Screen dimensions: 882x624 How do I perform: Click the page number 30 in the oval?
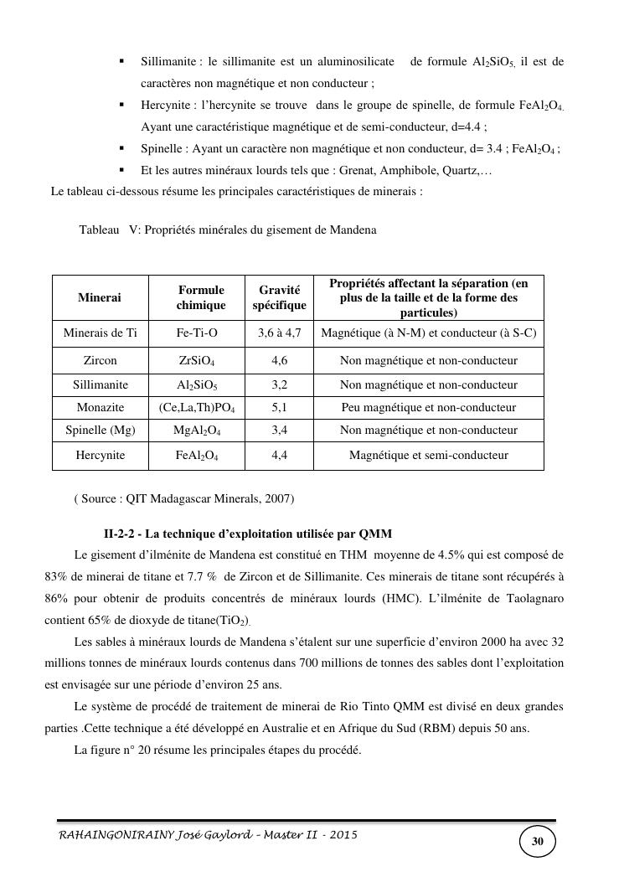538,841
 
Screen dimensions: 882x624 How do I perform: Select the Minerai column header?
100,297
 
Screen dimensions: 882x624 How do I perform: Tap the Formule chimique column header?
201,297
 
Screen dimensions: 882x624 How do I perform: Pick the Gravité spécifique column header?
279,297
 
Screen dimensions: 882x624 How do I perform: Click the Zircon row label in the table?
100,360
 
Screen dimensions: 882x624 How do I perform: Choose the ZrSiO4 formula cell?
197,361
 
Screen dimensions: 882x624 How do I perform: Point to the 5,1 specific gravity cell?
279,408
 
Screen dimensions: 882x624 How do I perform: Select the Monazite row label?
100,408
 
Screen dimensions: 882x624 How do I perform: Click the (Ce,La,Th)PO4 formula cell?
197,408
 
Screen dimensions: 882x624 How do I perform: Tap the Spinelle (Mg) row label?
100,431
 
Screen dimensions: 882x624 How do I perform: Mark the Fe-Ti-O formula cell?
197,333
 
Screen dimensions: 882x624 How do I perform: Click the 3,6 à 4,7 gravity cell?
279,333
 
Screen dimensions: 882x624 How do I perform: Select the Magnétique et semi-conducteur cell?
428,456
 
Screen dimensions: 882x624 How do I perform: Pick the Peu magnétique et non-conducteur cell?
428,408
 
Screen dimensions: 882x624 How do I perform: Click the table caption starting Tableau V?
227,230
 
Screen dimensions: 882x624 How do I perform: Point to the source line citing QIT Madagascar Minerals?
183,498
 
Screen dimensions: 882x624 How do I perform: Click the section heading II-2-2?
247,534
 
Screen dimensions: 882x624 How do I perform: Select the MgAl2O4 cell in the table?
197,431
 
